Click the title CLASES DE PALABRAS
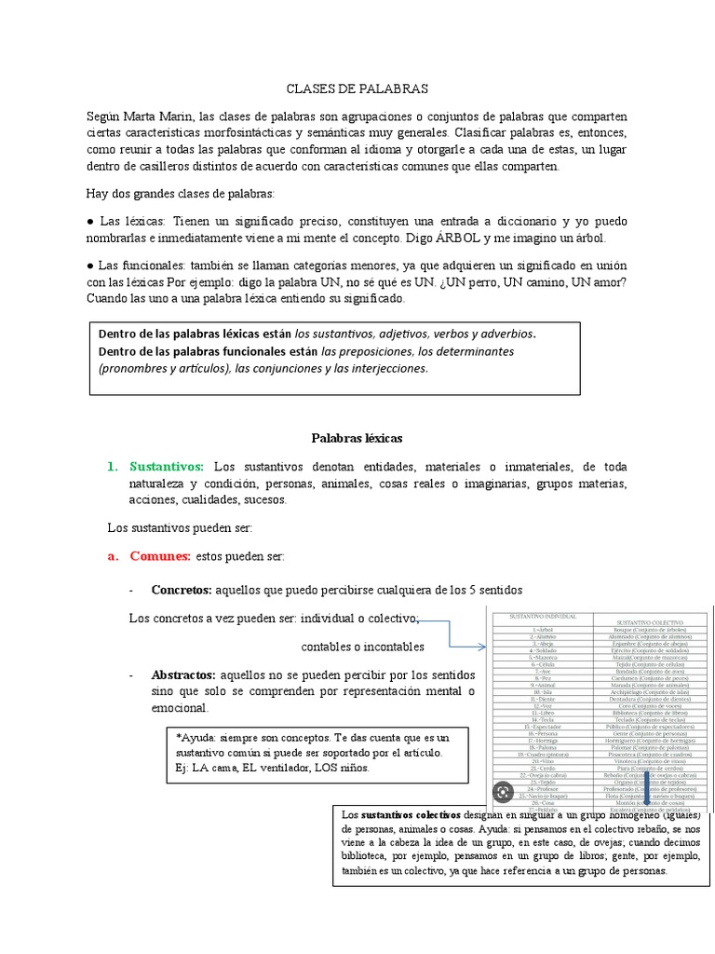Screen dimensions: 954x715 [x=356, y=89]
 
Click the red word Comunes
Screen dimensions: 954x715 [x=160, y=556]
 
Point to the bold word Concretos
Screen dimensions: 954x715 [x=182, y=590]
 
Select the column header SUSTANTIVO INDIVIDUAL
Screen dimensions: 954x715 [x=535, y=617]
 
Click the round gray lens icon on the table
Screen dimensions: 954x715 [x=504, y=792]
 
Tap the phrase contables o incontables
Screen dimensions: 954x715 [x=363, y=647]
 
